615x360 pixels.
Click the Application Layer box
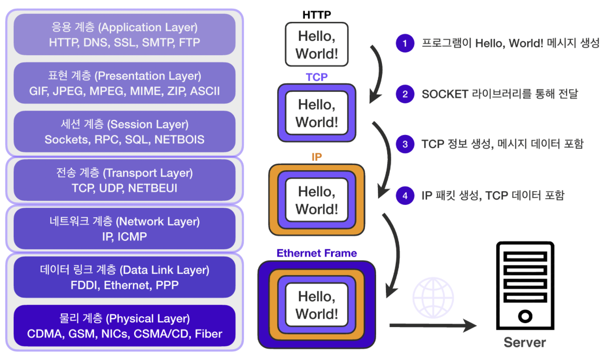[x=124, y=34]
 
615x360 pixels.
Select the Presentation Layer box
[x=124, y=83]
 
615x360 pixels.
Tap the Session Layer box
[x=124, y=132]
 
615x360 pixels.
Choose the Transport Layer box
[x=124, y=180]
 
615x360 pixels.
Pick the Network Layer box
[x=124, y=228]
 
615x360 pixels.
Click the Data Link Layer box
[x=124, y=277]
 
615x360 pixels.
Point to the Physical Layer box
[x=124, y=325]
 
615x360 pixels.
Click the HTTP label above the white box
[x=317, y=15]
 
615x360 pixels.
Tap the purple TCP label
[x=317, y=78]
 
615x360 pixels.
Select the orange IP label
[x=317, y=157]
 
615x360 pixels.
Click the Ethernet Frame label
[x=317, y=253]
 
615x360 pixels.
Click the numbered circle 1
[x=404, y=43]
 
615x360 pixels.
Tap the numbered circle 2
[x=404, y=94]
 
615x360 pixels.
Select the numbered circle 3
[x=404, y=144]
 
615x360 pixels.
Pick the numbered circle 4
[x=404, y=195]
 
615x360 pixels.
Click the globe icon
[x=433, y=297]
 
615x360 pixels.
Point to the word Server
[x=525, y=342]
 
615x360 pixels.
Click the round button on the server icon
[x=525, y=317]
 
